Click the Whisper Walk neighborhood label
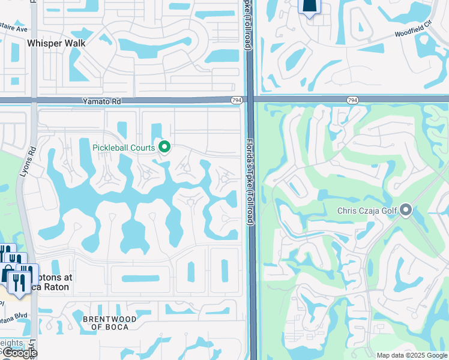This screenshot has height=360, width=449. click(x=56, y=43)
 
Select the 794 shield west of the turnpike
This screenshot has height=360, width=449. click(x=237, y=100)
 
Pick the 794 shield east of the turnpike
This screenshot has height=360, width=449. click(x=352, y=100)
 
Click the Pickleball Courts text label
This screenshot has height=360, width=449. click(x=124, y=147)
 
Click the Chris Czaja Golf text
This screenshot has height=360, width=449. click(x=367, y=211)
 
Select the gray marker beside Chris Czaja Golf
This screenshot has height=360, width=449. click(x=406, y=210)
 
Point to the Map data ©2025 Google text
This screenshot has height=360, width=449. click(x=411, y=355)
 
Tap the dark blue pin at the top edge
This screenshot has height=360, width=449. click(x=309, y=7)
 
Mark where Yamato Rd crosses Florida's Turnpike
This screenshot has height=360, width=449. click(x=250, y=100)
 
